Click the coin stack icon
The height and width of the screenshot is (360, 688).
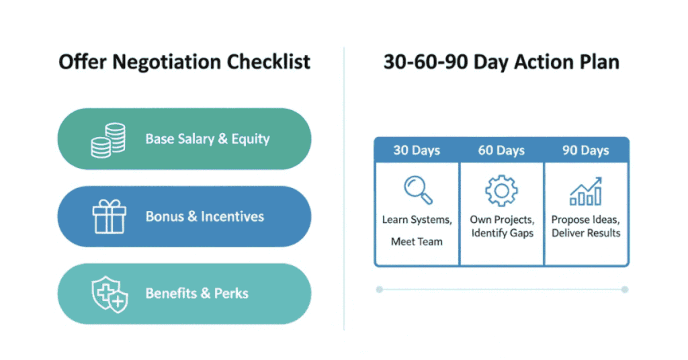pos(108,140)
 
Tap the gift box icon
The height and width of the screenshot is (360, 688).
pos(110,216)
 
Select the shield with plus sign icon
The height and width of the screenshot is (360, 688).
pos(110,294)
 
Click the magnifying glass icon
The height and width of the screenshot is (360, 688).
pos(418,190)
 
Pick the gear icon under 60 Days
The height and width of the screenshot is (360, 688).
pos(501,190)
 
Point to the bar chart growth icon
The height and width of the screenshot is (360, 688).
pos(586,191)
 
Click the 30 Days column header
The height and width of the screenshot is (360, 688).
pos(417,150)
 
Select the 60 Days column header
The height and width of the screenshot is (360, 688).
pos(501,150)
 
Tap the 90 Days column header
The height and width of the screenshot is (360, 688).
pos(586,150)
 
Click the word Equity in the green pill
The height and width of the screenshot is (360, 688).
pos(251,140)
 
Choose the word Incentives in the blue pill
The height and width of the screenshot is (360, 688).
pos(232,216)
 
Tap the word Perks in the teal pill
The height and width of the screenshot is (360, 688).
pos(231,294)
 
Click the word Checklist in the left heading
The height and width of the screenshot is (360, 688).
pos(269,62)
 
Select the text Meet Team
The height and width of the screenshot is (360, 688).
pos(417,242)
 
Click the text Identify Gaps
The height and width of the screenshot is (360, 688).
pos(503,233)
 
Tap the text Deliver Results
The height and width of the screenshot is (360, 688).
pos(586,233)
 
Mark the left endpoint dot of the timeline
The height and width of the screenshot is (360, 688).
pos(380,289)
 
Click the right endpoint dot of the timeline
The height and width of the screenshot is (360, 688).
pos(625,289)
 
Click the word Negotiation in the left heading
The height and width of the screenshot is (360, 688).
pos(167,62)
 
